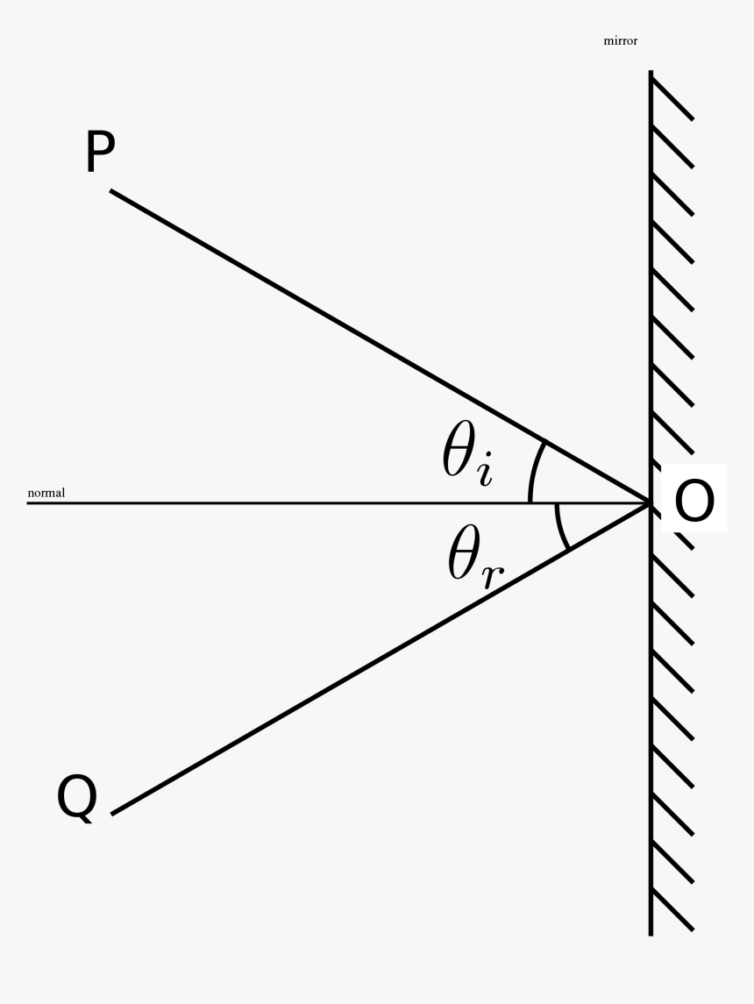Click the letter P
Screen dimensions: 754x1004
pyautogui.click(x=101, y=153)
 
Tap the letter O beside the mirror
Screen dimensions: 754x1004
pyautogui.click(x=695, y=502)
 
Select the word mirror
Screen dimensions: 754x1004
pyautogui.click(x=621, y=40)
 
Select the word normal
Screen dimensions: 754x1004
pyautogui.click(x=46, y=493)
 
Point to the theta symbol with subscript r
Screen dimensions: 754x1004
pyautogui.click(x=474, y=558)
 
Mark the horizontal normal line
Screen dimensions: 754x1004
pyautogui.click(x=263, y=502)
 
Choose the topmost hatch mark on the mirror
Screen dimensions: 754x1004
pyautogui.click(x=672, y=96)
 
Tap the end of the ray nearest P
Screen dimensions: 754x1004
pyautogui.click(x=111, y=190)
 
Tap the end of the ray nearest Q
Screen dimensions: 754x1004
pyautogui.click(x=112, y=814)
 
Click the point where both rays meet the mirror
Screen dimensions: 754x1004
pyautogui.click(x=651, y=502)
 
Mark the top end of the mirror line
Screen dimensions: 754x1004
pyautogui.click(x=651, y=72)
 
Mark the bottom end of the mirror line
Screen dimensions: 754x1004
pyautogui.click(x=651, y=934)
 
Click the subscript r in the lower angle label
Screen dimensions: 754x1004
pyautogui.click(x=495, y=574)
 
